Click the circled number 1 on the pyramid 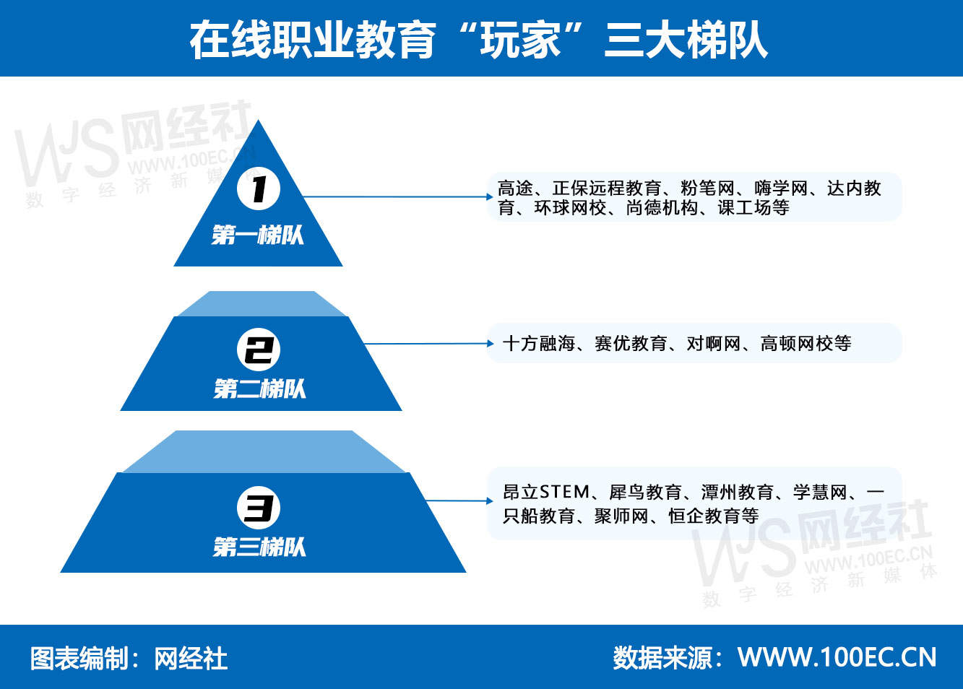point(259,189)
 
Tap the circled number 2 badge point(259,350)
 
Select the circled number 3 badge point(259,508)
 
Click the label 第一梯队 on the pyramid point(258,235)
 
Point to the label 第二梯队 point(260,389)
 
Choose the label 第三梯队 point(259,547)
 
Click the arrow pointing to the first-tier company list point(397,196)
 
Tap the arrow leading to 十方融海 point(429,344)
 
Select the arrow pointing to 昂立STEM point(459,500)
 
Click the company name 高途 point(515,188)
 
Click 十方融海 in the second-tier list point(539,344)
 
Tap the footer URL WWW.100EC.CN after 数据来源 point(837,657)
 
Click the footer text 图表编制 point(78,658)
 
